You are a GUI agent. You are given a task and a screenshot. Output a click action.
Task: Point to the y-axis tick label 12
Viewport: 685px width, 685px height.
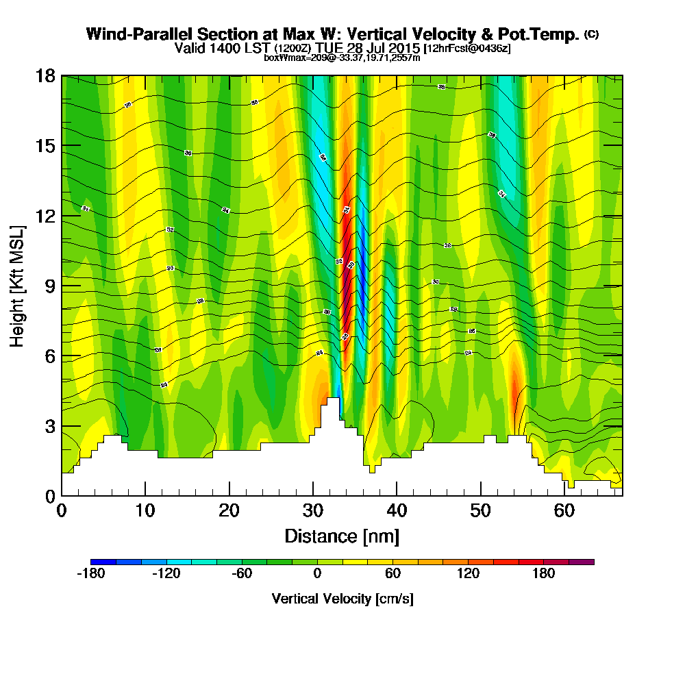coord(45,216)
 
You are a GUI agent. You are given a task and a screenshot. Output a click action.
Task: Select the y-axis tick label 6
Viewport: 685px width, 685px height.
coord(49,356)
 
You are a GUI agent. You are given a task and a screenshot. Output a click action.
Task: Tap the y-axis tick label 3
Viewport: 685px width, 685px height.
coord(49,426)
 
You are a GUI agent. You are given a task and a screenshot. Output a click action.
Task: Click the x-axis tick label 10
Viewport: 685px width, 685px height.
coord(145,511)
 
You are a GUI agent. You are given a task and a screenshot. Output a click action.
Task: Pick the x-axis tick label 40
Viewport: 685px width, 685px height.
coord(397,511)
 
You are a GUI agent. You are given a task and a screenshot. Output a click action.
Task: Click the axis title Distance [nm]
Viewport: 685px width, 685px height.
coord(342,536)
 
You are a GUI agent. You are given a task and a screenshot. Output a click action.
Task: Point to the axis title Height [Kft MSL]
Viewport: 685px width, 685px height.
coord(18,285)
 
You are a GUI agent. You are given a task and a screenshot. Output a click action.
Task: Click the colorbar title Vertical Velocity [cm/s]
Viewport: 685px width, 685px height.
coord(342,599)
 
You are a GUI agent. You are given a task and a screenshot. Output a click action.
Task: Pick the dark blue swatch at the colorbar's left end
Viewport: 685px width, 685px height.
coord(103,562)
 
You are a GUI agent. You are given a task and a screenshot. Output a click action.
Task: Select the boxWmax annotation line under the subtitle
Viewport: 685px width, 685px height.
coord(342,58)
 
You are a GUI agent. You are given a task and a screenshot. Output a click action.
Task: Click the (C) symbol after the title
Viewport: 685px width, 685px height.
coord(591,34)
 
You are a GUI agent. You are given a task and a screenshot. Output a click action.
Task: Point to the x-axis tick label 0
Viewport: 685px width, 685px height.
coord(62,511)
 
